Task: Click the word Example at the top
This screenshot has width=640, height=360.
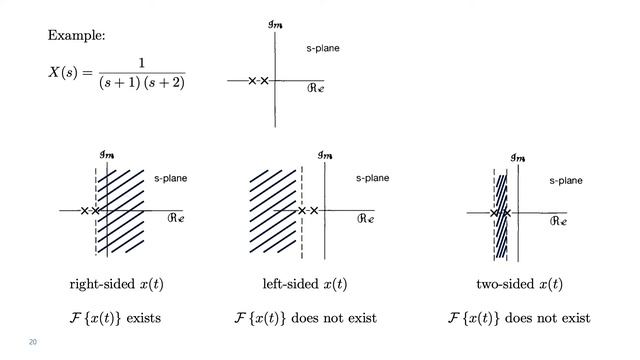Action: click(77, 36)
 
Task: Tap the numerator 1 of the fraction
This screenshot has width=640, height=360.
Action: click(142, 63)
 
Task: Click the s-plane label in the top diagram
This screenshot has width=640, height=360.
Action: click(323, 48)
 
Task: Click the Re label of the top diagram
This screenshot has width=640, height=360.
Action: click(314, 88)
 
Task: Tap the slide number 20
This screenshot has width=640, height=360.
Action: click(33, 342)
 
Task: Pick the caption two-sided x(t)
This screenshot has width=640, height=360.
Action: click(519, 284)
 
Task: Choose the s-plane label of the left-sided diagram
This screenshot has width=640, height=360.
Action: click(372, 178)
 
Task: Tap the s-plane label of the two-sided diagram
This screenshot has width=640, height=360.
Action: click(565, 181)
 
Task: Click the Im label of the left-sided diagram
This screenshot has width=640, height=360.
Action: click(325, 154)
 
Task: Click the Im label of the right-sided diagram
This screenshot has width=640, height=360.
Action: click(107, 154)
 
